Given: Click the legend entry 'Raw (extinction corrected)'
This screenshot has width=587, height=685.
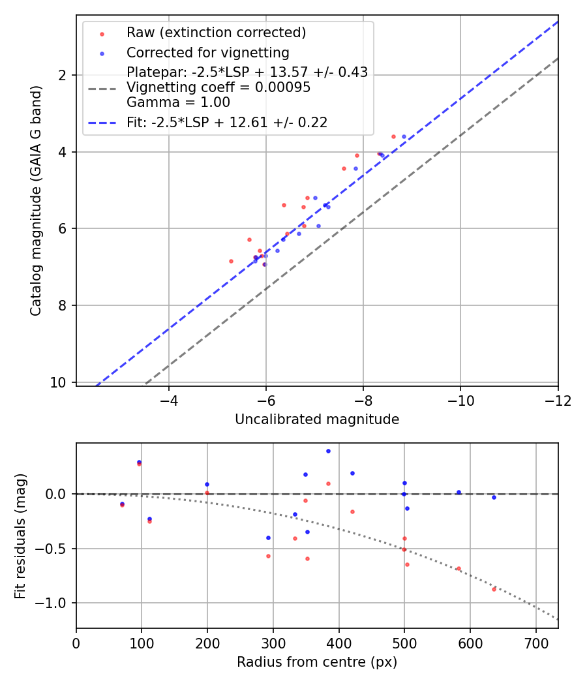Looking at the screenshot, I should click(x=216, y=33).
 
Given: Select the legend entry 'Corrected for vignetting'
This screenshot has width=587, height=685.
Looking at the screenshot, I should click(x=207, y=52).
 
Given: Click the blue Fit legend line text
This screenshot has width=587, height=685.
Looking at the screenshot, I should click(x=226, y=122).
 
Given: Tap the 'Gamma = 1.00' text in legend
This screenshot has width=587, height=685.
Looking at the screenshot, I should click(x=178, y=102).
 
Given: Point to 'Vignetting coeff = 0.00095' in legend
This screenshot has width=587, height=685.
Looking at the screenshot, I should click(x=218, y=87).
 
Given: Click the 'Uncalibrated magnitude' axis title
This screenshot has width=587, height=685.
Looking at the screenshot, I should click(x=317, y=419).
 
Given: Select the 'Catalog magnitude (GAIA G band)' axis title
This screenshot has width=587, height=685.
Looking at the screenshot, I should click(x=37, y=200).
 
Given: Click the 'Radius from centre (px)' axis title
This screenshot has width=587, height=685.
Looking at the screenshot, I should click(x=317, y=662).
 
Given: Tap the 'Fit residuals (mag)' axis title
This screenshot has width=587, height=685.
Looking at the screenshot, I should click(x=21, y=536).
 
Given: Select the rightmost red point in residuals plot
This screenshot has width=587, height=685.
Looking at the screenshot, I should click(x=494, y=589).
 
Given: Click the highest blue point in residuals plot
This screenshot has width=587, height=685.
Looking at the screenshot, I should click(x=328, y=451).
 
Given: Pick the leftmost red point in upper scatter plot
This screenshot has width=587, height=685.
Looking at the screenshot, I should click(x=231, y=261).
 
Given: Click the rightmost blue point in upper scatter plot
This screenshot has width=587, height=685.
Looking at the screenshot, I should click(x=404, y=136).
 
